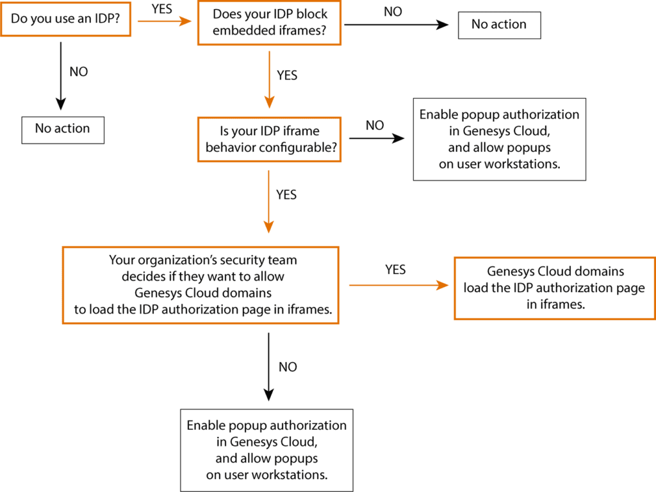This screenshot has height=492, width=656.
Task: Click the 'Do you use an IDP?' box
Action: click(x=67, y=19)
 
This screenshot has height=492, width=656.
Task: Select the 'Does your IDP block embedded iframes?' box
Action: click(x=270, y=23)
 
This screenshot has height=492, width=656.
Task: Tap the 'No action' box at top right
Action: click(x=499, y=24)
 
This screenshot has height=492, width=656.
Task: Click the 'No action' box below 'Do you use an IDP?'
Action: click(x=63, y=129)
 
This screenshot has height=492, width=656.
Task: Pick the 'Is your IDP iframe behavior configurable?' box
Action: click(x=270, y=139)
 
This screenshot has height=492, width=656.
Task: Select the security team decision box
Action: click(x=200, y=284)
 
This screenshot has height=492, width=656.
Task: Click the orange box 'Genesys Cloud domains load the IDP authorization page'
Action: click(x=555, y=288)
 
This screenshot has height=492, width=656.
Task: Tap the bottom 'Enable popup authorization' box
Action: click(x=267, y=450)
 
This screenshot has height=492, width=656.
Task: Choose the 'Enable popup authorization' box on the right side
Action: click(x=499, y=139)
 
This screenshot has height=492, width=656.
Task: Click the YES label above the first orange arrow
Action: click(x=161, y=10)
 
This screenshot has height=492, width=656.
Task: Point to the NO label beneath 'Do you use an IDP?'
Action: click(x=78, y=71)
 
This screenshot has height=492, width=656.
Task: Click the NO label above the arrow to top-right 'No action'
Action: click(x=393, y=12)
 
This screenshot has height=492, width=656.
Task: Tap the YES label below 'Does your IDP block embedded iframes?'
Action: click(x=286, y=75)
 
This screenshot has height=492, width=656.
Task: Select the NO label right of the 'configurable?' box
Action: click(x=375, y=124)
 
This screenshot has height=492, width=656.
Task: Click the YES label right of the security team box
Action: click(x=395, y=270)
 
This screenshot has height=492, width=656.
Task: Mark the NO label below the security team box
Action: click(x=287, y=366)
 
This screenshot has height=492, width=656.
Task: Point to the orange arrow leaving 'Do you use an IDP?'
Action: click(x=165, y=20)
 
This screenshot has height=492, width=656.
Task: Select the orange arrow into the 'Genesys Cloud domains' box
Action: click(x=397, y=285)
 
